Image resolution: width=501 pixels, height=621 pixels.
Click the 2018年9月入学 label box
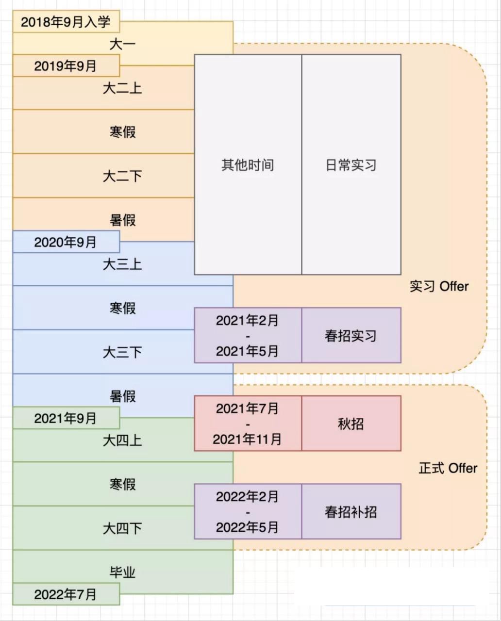click(66, 22)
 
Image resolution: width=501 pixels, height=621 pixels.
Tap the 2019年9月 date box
click(66, 66)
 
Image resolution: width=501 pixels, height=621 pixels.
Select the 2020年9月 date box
click(66, 242)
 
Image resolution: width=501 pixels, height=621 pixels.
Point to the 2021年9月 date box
click(66, 418)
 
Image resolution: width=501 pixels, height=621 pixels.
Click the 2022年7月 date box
click(66, 594)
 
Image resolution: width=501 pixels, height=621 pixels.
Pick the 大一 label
click(122, 44)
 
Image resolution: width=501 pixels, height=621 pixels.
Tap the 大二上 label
click(122, 88)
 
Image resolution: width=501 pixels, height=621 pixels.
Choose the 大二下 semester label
click(122, 176)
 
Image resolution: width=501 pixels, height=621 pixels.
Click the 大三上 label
click(122, 264)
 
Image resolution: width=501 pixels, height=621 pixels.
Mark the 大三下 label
click(122, 352)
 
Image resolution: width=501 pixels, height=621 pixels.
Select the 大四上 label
click(122, 441)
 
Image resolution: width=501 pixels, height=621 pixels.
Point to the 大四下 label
click(122, 528)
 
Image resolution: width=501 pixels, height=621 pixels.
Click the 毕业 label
click(122, 572)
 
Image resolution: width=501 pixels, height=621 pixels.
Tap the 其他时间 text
click(248, 165)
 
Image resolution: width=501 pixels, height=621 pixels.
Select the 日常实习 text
click(351, 165)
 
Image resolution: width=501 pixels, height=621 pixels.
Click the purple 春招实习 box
click(351, 335)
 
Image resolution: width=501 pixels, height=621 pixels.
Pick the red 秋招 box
click(351, 424)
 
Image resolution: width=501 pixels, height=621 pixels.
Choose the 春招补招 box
click(351, 511)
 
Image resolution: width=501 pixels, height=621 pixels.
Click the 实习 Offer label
click(439, 286)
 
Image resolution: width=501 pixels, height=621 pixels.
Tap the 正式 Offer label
click(448, 468)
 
